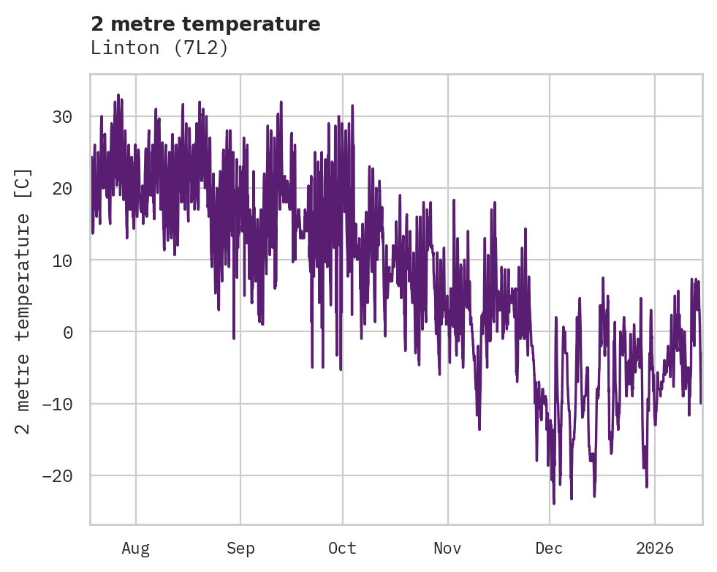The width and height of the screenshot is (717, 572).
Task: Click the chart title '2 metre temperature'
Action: pyautogui.click(x=205, y=24)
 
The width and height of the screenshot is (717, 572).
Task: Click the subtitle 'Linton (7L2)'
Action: pyautogui.click(x=159, y=48)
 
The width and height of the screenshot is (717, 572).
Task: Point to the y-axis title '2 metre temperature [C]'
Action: pyautogui.click(x=23, y=301)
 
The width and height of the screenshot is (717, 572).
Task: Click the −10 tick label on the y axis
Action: pyautogui.click(x=58, y=404)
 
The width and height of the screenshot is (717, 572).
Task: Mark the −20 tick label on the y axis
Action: pyautogui.click(x=58, y=475)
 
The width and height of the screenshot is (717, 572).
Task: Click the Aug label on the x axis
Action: pyautogui.click(x=135, y=548)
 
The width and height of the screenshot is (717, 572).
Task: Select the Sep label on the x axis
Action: pyautogui.click(x=240, y=548)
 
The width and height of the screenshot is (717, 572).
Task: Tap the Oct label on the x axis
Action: pyautogui.click(x=342, y=548)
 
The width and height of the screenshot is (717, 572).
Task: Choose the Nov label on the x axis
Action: pyautogui.click(x=447, y=548)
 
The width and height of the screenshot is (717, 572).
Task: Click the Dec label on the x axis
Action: pyautogui.click(x=549, y=548)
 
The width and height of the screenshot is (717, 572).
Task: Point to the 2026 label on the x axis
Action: pyautogui.click(x=654, y=548)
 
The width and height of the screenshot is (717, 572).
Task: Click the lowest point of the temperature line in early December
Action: pyautogui.click(x=554, y=503)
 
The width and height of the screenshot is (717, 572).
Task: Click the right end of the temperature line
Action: pyautogui.click(x=701, y=403)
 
